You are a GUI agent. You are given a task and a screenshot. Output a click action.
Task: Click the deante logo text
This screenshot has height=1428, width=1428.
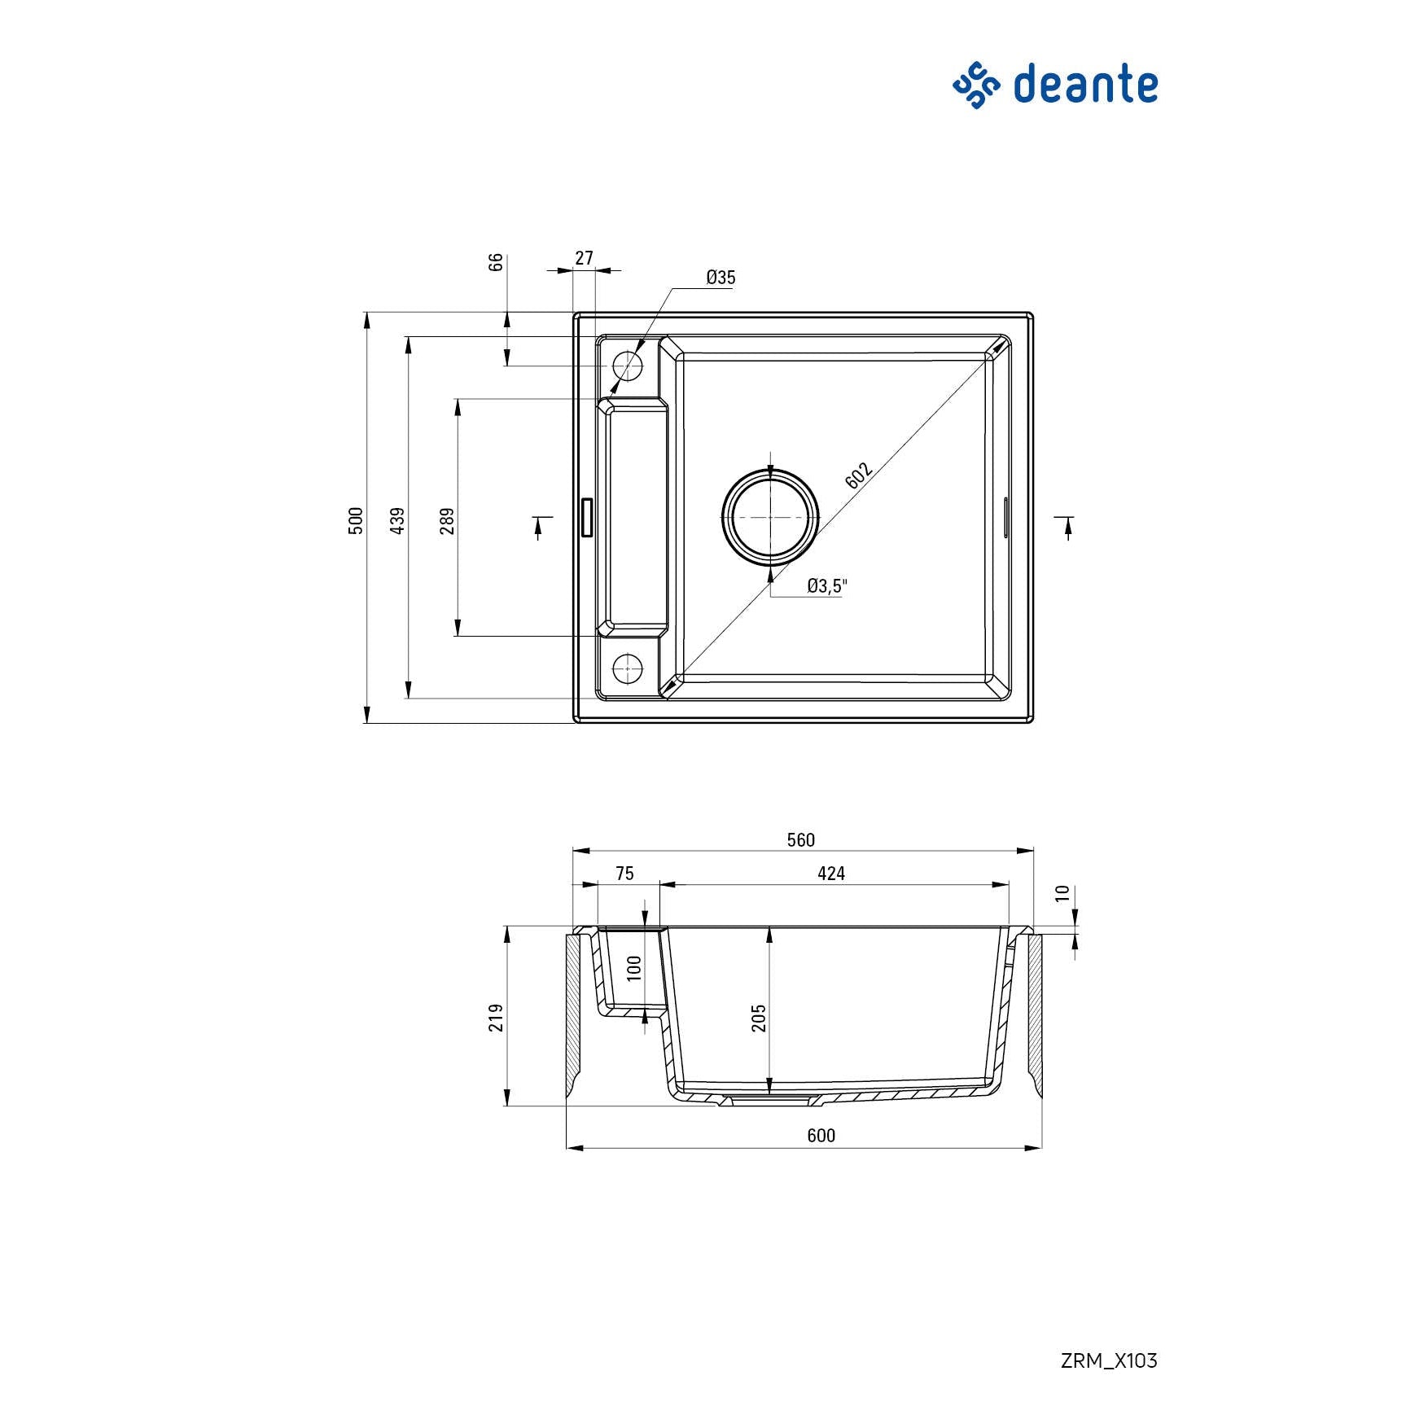[x=1084, y=85]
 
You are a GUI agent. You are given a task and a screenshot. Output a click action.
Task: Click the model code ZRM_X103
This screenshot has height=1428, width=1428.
[x=1108, y=1360]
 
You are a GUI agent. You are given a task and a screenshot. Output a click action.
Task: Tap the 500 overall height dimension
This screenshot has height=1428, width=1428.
[x=356, y=520]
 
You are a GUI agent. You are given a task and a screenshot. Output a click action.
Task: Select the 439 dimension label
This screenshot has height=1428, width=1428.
[x=397, y=520]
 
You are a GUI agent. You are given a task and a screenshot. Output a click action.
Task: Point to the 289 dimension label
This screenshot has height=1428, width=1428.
[x=447, y=520]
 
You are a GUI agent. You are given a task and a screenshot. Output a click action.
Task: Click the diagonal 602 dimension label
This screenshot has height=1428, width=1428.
[x=858, y=475]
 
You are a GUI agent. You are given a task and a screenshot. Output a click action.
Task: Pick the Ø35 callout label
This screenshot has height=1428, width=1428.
[x=721, y=278]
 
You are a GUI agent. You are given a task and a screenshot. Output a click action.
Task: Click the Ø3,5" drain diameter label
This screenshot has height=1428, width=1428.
[x=827, y=585]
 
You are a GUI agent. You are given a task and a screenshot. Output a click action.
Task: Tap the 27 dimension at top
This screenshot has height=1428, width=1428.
[x=584, y=258]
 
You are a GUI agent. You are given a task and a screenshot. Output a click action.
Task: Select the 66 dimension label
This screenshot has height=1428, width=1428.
[x=496, y=262]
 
